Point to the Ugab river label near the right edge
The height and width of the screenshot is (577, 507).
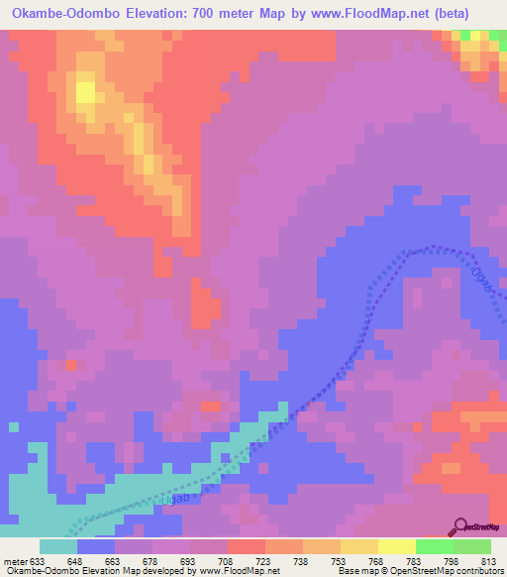(x=482, y=274)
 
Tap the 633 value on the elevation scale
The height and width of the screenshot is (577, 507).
(x=40, y=562)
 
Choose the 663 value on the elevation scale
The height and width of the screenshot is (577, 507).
(x=115, y=562)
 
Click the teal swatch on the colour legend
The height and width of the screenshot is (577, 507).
(x=58, y=546)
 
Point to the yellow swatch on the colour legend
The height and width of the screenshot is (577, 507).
(x=397, y=546)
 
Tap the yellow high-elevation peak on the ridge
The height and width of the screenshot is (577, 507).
(x=85, y=93)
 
